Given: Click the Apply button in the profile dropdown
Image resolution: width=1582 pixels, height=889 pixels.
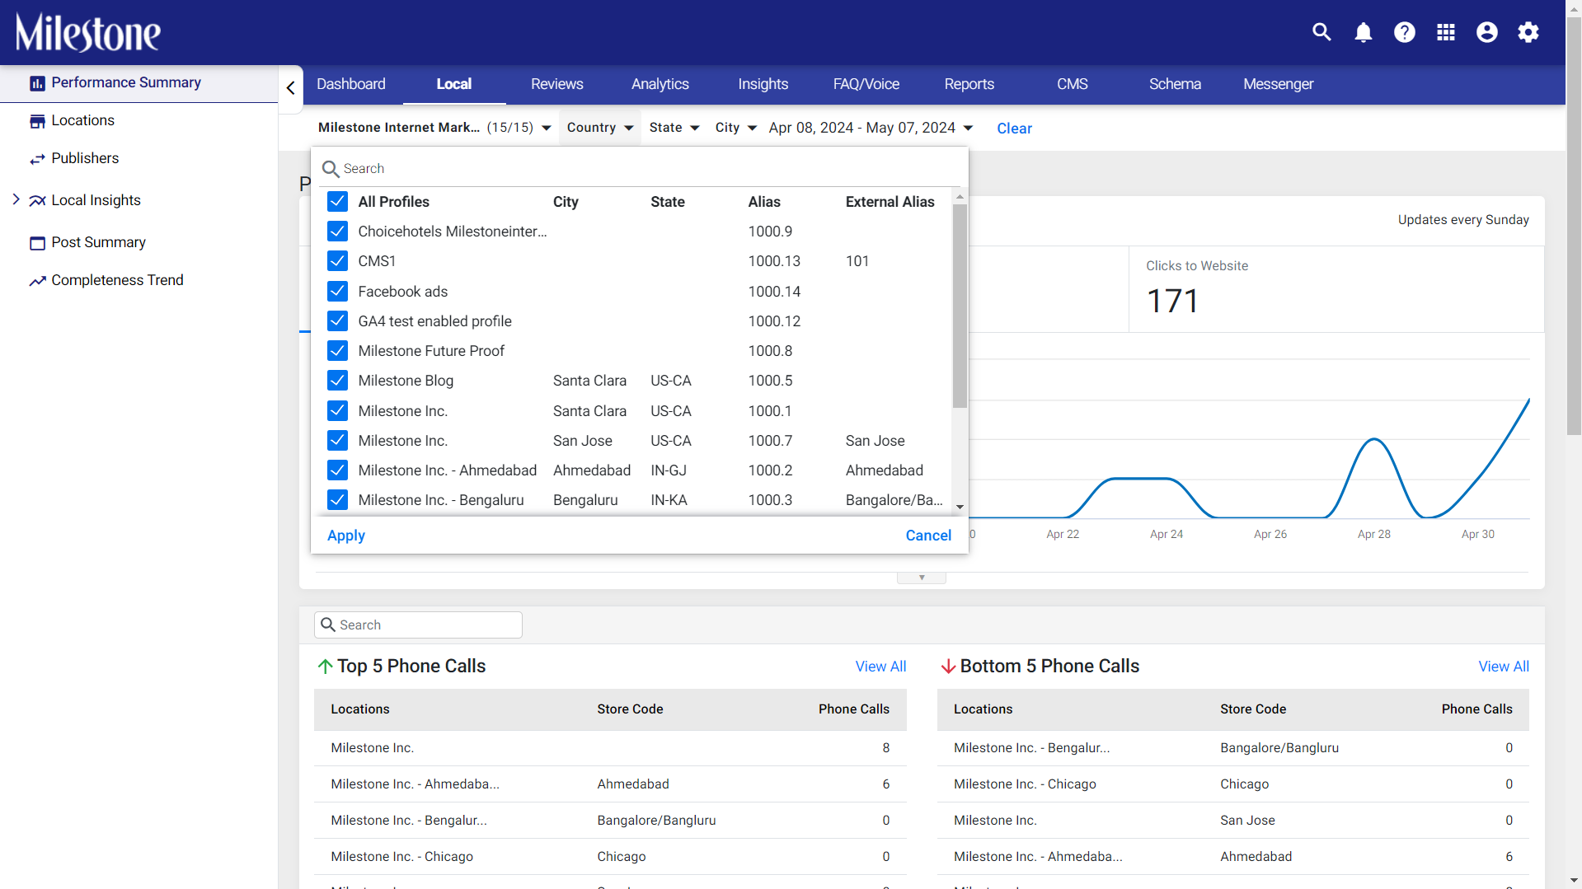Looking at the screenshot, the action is point(346,536).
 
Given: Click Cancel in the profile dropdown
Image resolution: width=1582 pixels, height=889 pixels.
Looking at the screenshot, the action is point(928,536).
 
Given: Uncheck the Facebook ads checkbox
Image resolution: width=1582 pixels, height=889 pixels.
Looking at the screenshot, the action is point(337,291).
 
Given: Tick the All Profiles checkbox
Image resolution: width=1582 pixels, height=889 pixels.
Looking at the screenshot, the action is point(337,202).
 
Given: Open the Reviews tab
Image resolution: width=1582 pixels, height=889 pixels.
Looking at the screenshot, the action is point(556,84).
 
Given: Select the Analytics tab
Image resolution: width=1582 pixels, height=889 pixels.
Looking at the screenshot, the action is point(660,84).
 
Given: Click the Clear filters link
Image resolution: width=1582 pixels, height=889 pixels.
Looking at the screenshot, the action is point(1014,129).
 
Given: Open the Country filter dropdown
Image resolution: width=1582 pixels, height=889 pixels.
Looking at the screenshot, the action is point(600,128).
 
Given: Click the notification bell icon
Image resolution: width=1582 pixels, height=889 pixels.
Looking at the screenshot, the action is point(1363,32).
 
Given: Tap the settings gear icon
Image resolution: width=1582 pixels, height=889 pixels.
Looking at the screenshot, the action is point(1528,32).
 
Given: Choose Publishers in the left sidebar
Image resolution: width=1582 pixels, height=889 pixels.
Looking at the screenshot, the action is point(85,158).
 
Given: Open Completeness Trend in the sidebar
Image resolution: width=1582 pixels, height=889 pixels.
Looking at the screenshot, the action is point(117,280).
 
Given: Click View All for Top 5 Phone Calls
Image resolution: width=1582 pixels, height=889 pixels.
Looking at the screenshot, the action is point(880,667).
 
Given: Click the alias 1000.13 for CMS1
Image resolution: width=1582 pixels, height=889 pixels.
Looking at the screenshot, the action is point(774,261).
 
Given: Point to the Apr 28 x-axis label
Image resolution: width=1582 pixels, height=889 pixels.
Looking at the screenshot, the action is point(1373,534).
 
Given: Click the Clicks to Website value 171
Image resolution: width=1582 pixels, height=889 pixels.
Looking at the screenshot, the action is point(1172,301).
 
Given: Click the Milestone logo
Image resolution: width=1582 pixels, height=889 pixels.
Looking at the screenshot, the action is point(88,33).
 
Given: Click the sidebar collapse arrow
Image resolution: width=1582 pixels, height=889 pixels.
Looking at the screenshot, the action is point(290,87).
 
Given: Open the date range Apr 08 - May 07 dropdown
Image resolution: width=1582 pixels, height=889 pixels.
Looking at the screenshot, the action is point(871,128).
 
